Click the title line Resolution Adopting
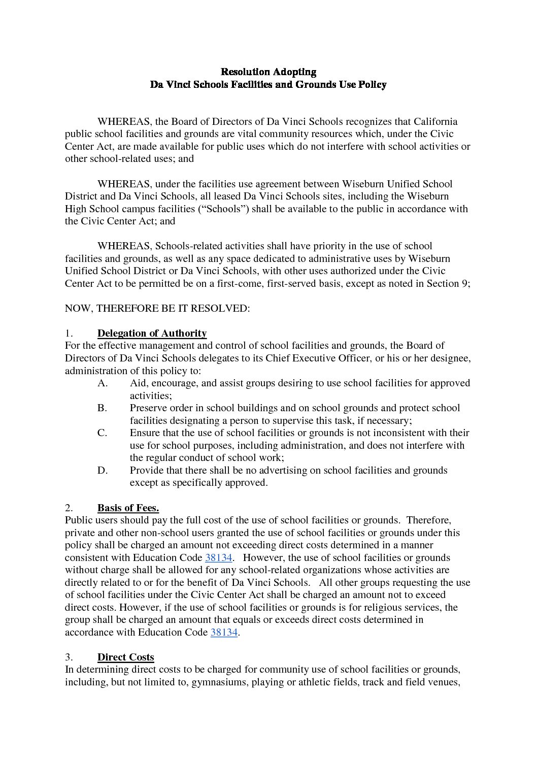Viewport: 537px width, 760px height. tap(268, 72)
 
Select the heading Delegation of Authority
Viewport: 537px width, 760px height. tap(152, 334)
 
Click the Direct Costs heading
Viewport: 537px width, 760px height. tap(125, 657)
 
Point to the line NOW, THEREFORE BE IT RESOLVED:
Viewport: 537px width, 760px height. tap(157, 309)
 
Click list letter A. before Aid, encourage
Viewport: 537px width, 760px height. tap(103, 383)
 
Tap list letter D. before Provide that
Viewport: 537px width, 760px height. tap(103, 471)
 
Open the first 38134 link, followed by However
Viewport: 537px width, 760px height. tap(218, 557)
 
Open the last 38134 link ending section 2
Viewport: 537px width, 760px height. tap(224, 633)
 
